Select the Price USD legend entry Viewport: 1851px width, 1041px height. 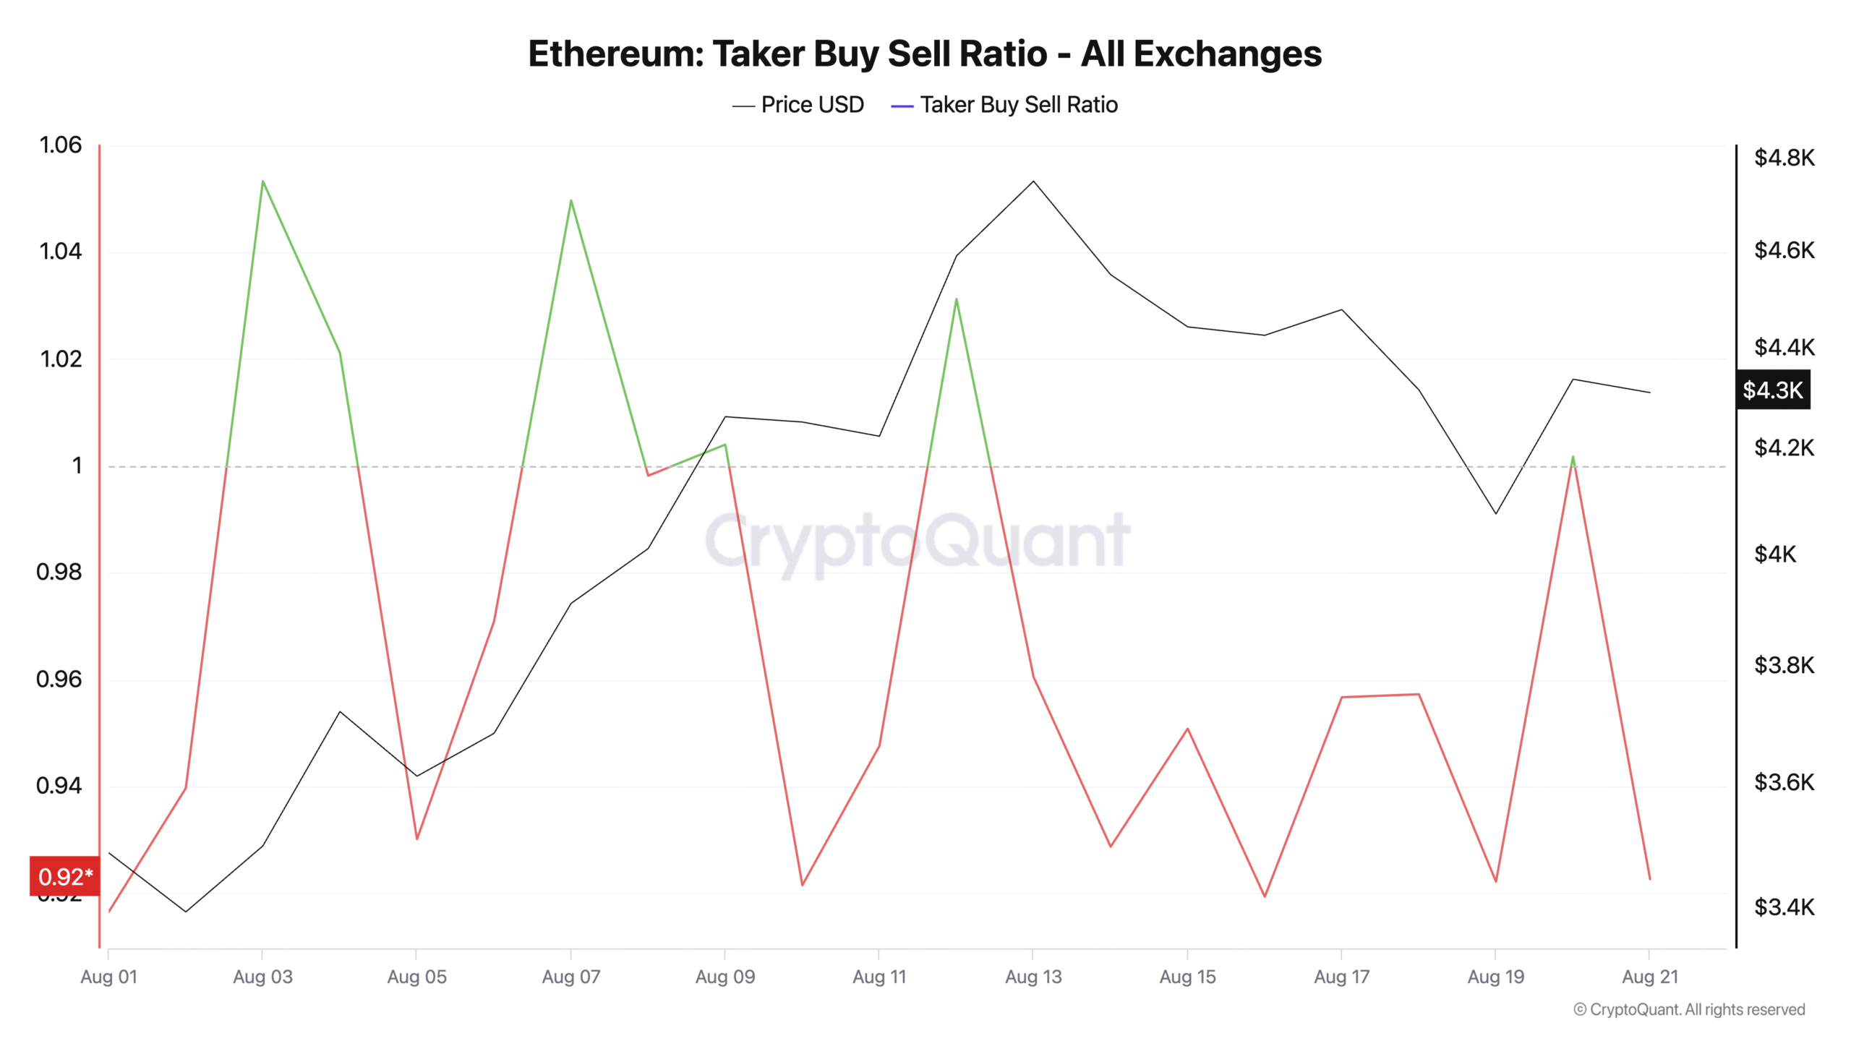[x=798, y=105]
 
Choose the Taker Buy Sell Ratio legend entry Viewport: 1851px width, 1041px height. [x=1005, y=105]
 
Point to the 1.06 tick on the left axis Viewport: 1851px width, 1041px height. [x=60, y=145]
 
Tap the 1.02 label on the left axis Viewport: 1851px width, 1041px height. [x=60, y=359]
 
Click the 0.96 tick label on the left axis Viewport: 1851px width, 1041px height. [x=59, y=679]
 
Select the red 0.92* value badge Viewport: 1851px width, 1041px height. [x=65, y=876]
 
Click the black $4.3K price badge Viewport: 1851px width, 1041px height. [x=1773, y=390]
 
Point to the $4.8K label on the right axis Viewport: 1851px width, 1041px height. [x=1784, y=158]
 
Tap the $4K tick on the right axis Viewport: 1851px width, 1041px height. [x=1775, y=554]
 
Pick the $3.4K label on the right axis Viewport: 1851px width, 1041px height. [x=1784, y=907]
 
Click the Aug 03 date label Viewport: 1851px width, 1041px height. [x=262, y=977]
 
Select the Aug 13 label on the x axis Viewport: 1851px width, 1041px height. [x=1033, y=977]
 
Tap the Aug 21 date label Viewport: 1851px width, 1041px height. [x=1649, y=977]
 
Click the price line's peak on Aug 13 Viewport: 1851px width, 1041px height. [x=1033, y=181]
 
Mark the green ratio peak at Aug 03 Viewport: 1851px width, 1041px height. [x=262, y=181]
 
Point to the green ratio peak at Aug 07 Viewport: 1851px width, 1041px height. [x=571, y=200]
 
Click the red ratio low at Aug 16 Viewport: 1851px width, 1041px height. [x=1265, y=896]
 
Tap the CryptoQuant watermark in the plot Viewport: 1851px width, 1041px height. [x=917, y=541]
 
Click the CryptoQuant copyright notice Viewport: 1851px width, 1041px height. [x=1689, y=1009]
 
